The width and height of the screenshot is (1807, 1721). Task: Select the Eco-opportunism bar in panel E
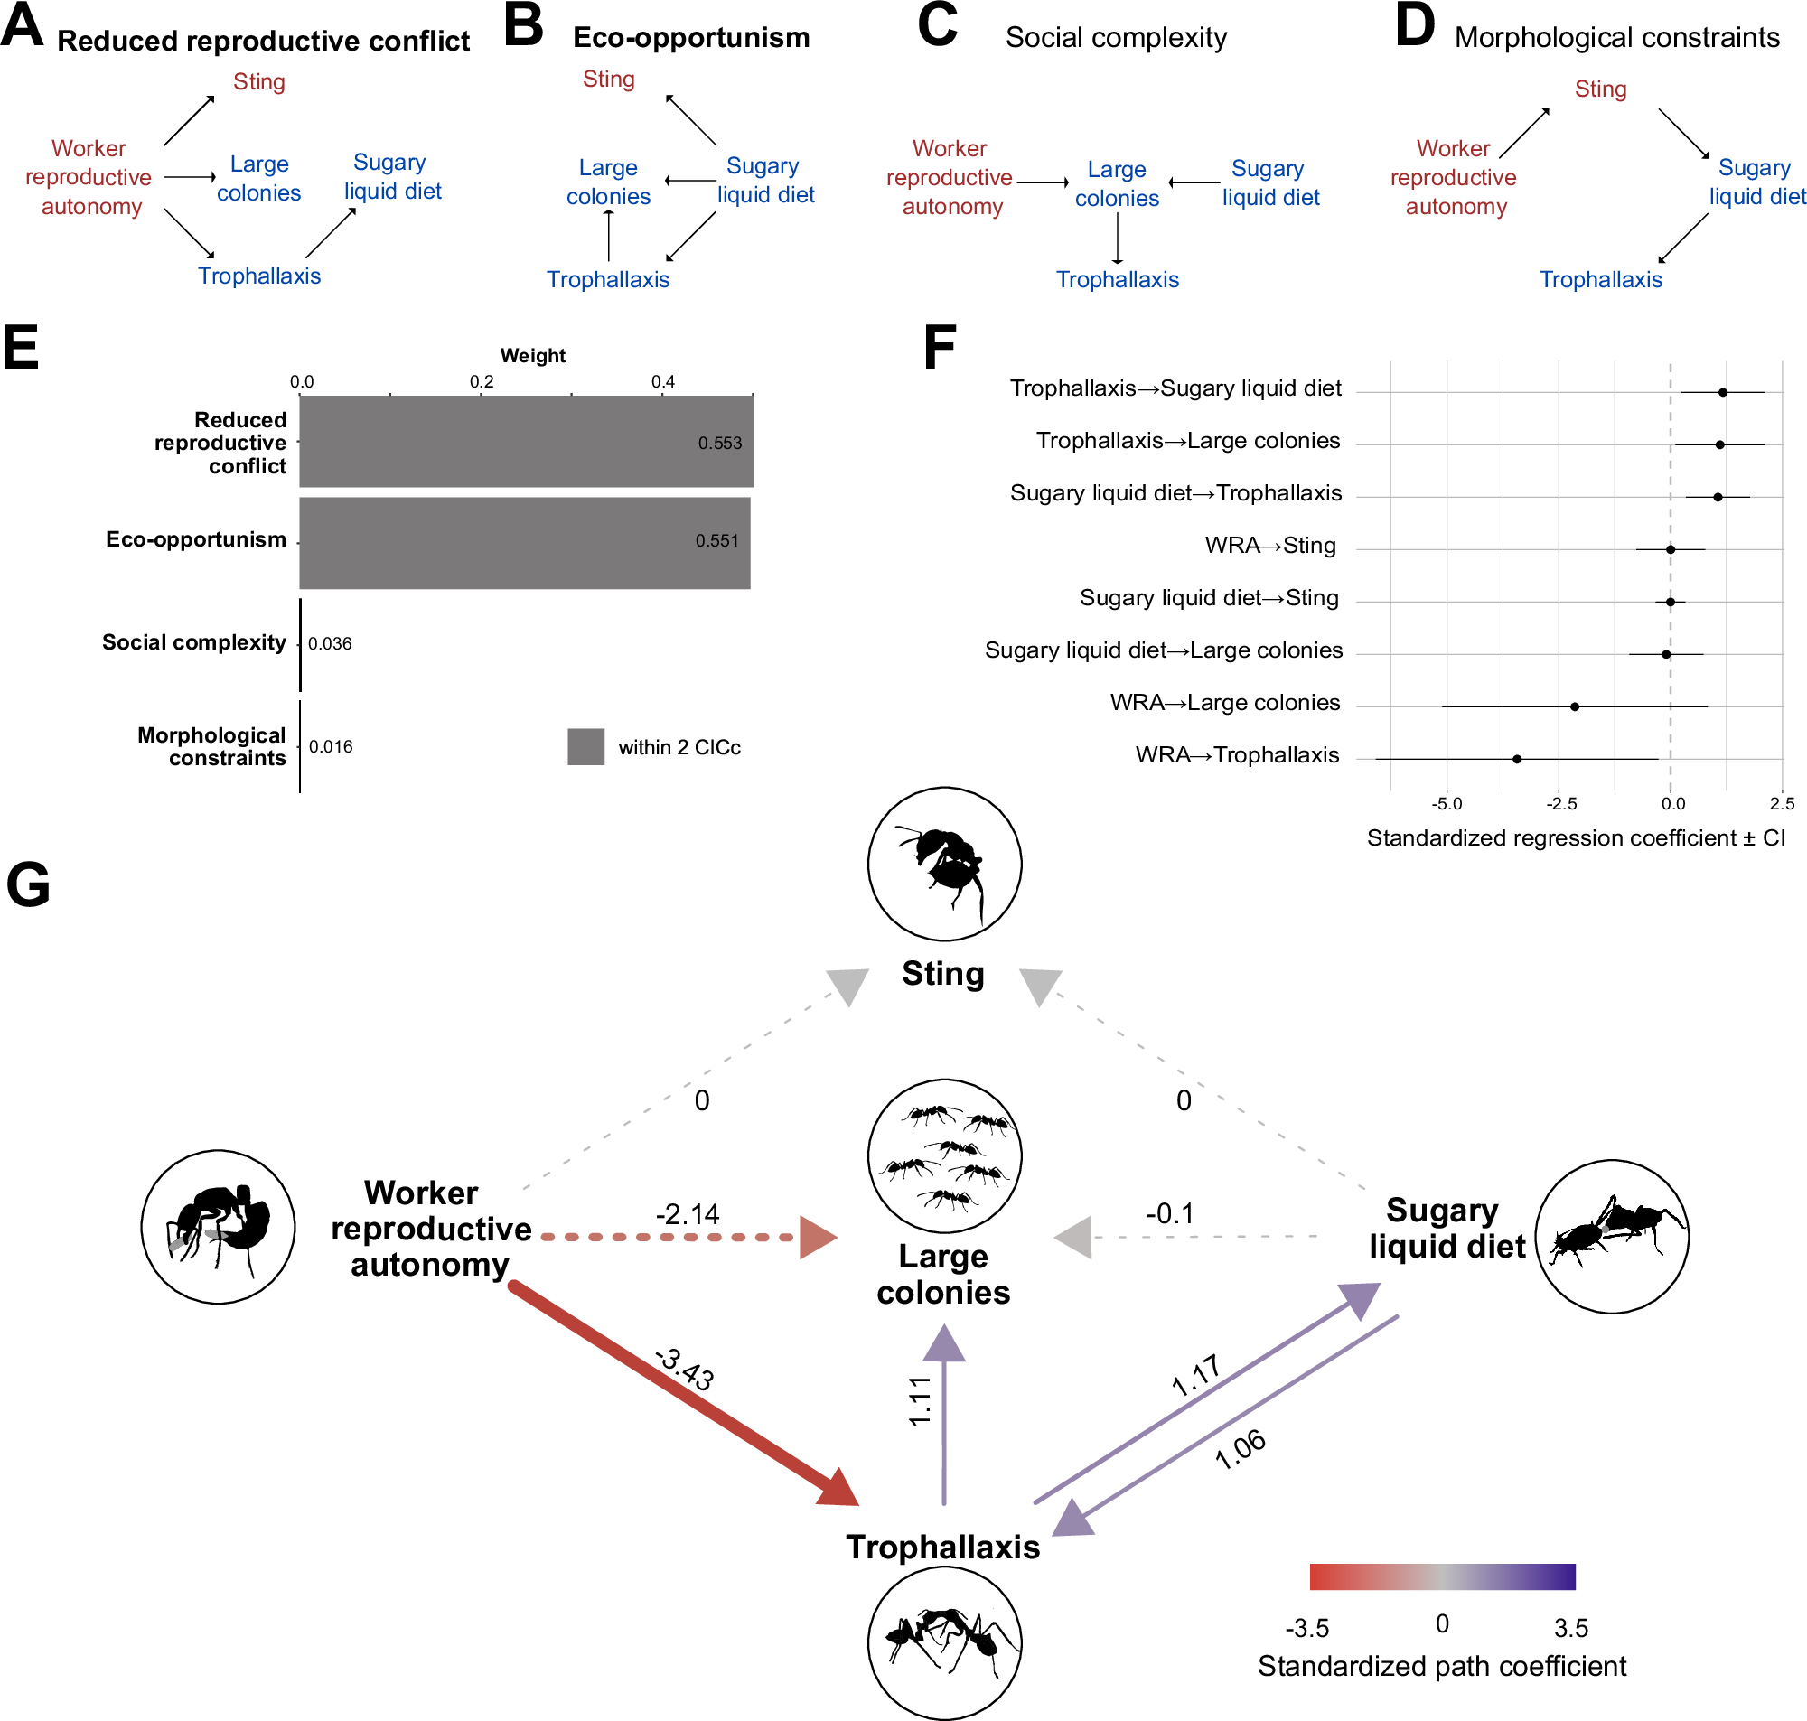pos(524,543)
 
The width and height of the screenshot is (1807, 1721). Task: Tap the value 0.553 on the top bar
pos(719,443)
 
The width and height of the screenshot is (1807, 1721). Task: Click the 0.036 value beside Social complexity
pos(329,643)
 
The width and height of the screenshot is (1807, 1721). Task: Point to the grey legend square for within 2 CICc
pos(585,747)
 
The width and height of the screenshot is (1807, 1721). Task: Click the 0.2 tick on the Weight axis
pos(482,381)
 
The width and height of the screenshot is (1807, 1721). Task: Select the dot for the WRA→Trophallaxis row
pos(1516,759)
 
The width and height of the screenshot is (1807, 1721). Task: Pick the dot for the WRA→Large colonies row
pos(1574,706)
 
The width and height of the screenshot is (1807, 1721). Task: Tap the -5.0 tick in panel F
pos(1447,804)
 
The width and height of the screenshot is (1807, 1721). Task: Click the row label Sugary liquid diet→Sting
pos(1208,598)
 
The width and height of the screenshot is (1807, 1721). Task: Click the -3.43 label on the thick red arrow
pos(684,1370)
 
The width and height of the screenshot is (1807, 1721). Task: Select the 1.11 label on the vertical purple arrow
pos(920,1401)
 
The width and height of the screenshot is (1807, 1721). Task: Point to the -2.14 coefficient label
pos(687,1214)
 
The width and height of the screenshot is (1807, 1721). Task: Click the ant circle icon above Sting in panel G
pos(944,864)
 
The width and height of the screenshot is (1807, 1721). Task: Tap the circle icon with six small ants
pos(944,1155)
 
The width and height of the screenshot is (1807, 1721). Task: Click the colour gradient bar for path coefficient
pos(1442,1576)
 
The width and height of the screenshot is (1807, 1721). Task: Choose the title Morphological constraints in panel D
pos(1616,38)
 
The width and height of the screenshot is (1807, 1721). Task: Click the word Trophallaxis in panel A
pos(259,276)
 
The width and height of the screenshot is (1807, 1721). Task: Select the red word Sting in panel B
pos(608,79)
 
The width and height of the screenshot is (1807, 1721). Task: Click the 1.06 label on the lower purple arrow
pos(1240,1449)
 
